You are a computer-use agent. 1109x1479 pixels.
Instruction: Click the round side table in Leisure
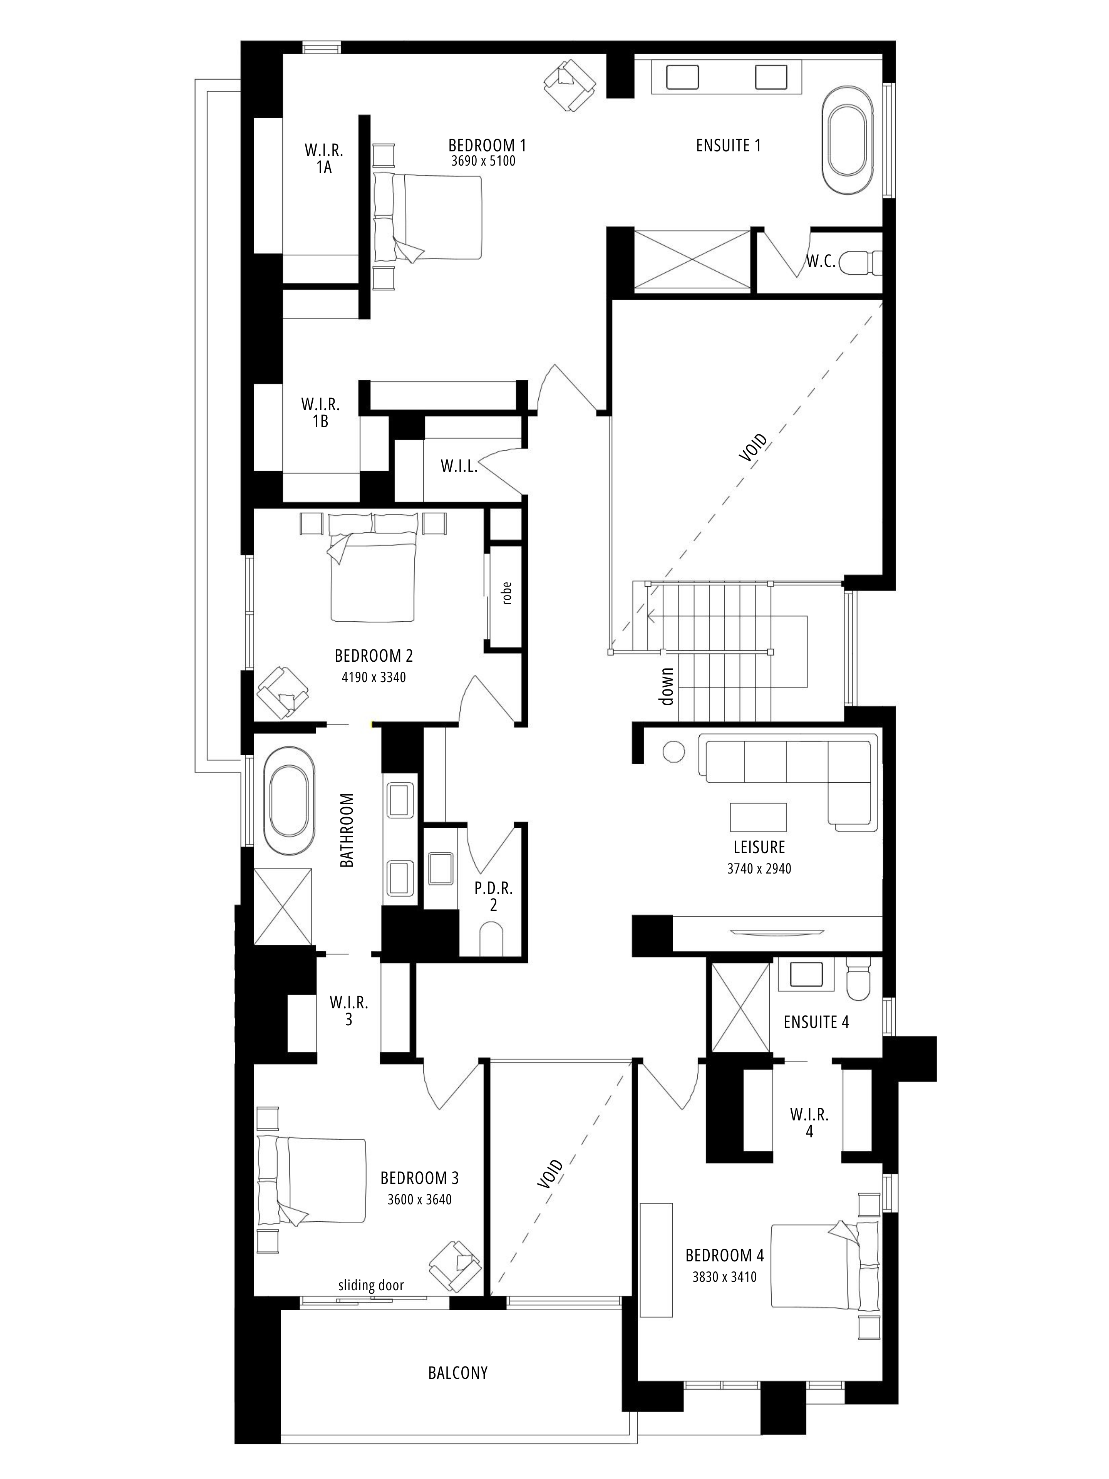tap(674, 751)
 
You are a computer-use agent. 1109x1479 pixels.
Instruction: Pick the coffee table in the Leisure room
tap(758, 817)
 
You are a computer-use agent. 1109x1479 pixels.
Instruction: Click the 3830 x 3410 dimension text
tap(725, 1276)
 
